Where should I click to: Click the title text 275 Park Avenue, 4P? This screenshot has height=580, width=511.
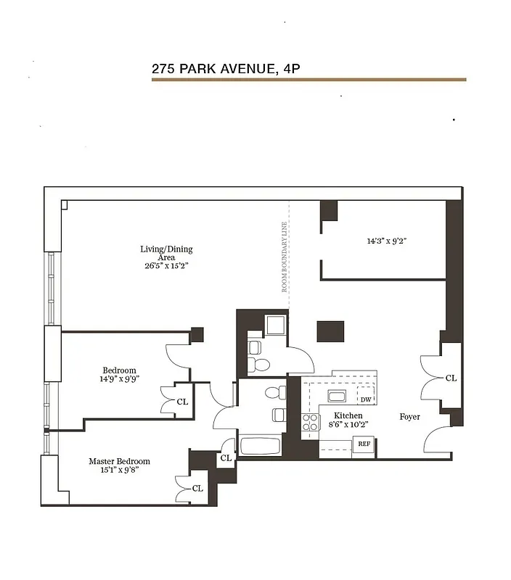click(226, 69)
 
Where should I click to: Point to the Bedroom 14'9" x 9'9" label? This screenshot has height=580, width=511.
click(119, 374)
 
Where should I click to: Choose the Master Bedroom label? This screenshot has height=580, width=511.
click(119, 465)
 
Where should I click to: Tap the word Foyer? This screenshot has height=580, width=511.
click(409, 417)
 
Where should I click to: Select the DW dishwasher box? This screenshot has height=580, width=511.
click(366, 399)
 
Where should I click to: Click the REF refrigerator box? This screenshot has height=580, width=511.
click(364, 444)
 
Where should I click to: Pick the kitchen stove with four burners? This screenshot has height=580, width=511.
click(310, 424)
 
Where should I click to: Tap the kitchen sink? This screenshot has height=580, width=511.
click(336, 396)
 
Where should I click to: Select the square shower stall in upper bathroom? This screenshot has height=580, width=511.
click(277, 324)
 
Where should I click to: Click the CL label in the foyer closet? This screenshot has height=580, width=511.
click(450, 378)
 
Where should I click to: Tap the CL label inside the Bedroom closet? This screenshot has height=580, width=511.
click(182, 401)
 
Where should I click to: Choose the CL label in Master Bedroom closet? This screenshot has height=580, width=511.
click(197, 488)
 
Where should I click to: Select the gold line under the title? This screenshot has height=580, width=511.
click(308, 80)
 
